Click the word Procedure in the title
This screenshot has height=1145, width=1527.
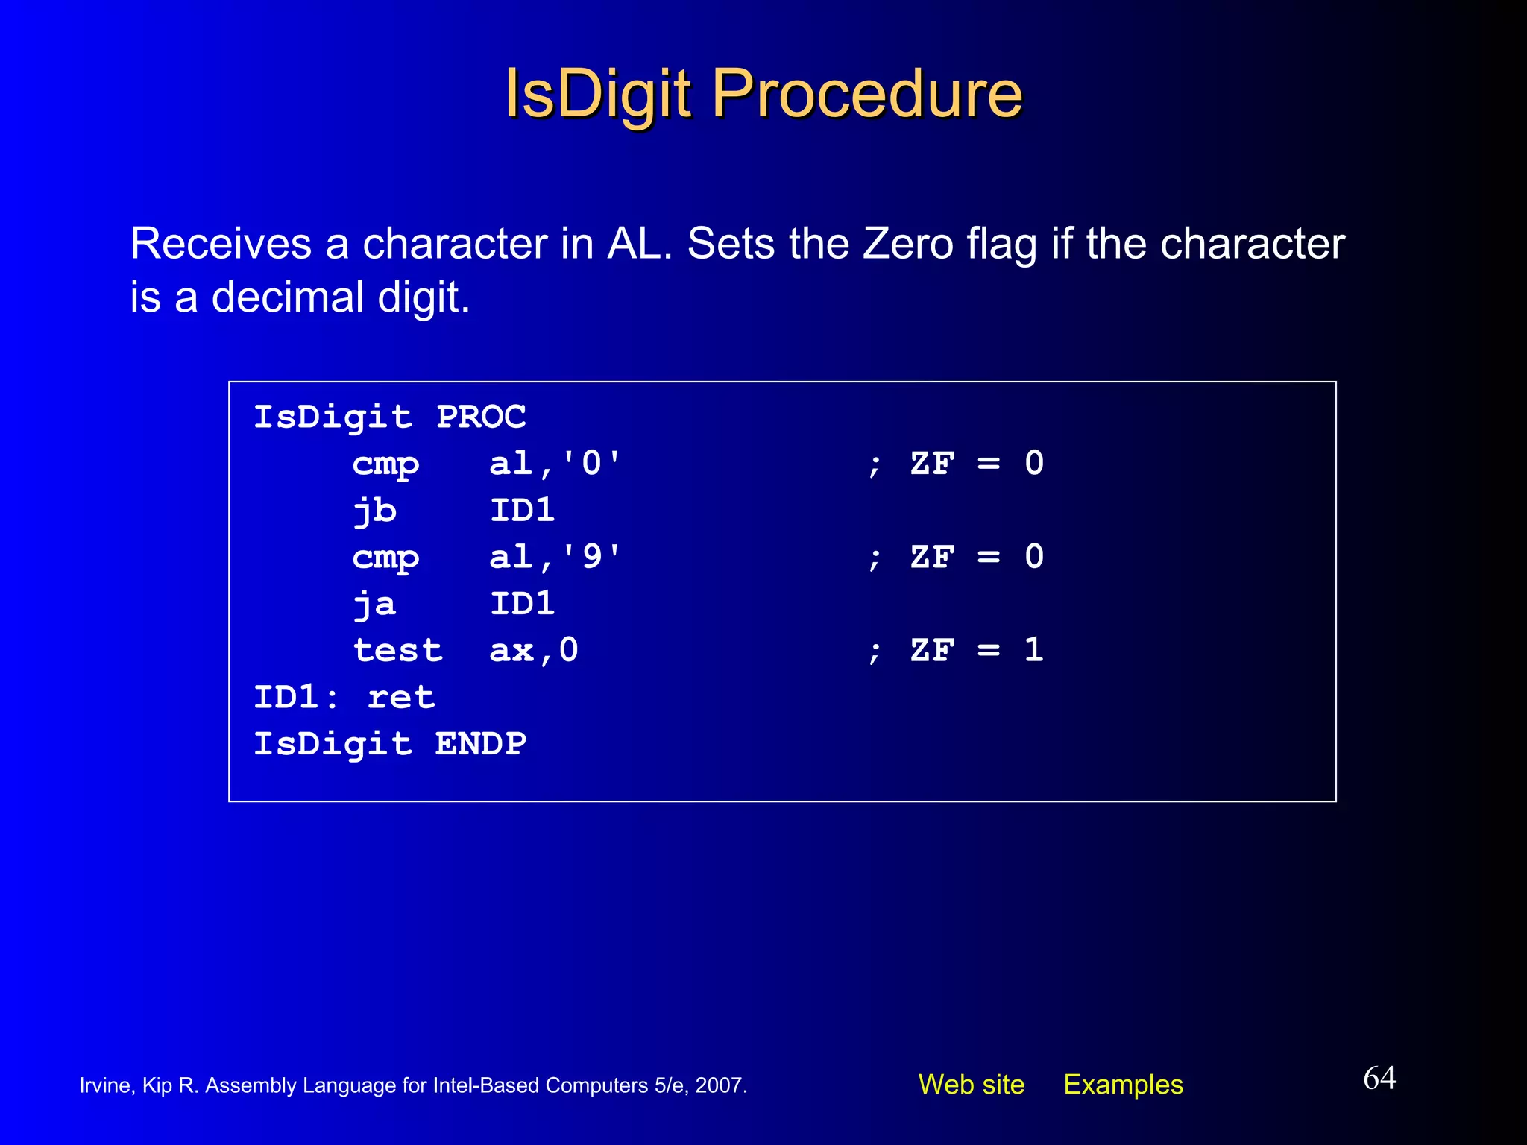867,95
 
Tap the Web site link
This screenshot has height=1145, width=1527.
971,1085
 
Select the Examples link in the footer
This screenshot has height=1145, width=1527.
1123,1085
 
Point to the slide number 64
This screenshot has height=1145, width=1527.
1379,1078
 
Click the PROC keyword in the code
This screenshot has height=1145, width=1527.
481,417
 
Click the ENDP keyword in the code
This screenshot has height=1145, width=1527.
481,744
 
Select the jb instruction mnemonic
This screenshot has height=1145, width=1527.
374,511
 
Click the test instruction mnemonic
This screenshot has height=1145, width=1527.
397,651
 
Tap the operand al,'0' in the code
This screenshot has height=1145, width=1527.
555,464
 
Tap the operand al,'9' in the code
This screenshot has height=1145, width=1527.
555,557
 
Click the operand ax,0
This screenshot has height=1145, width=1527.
533,651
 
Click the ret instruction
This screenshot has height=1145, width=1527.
401,698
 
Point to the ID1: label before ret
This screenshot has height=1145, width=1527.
295,698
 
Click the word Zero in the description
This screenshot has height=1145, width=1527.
908,244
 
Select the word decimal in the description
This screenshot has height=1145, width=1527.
287,297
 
